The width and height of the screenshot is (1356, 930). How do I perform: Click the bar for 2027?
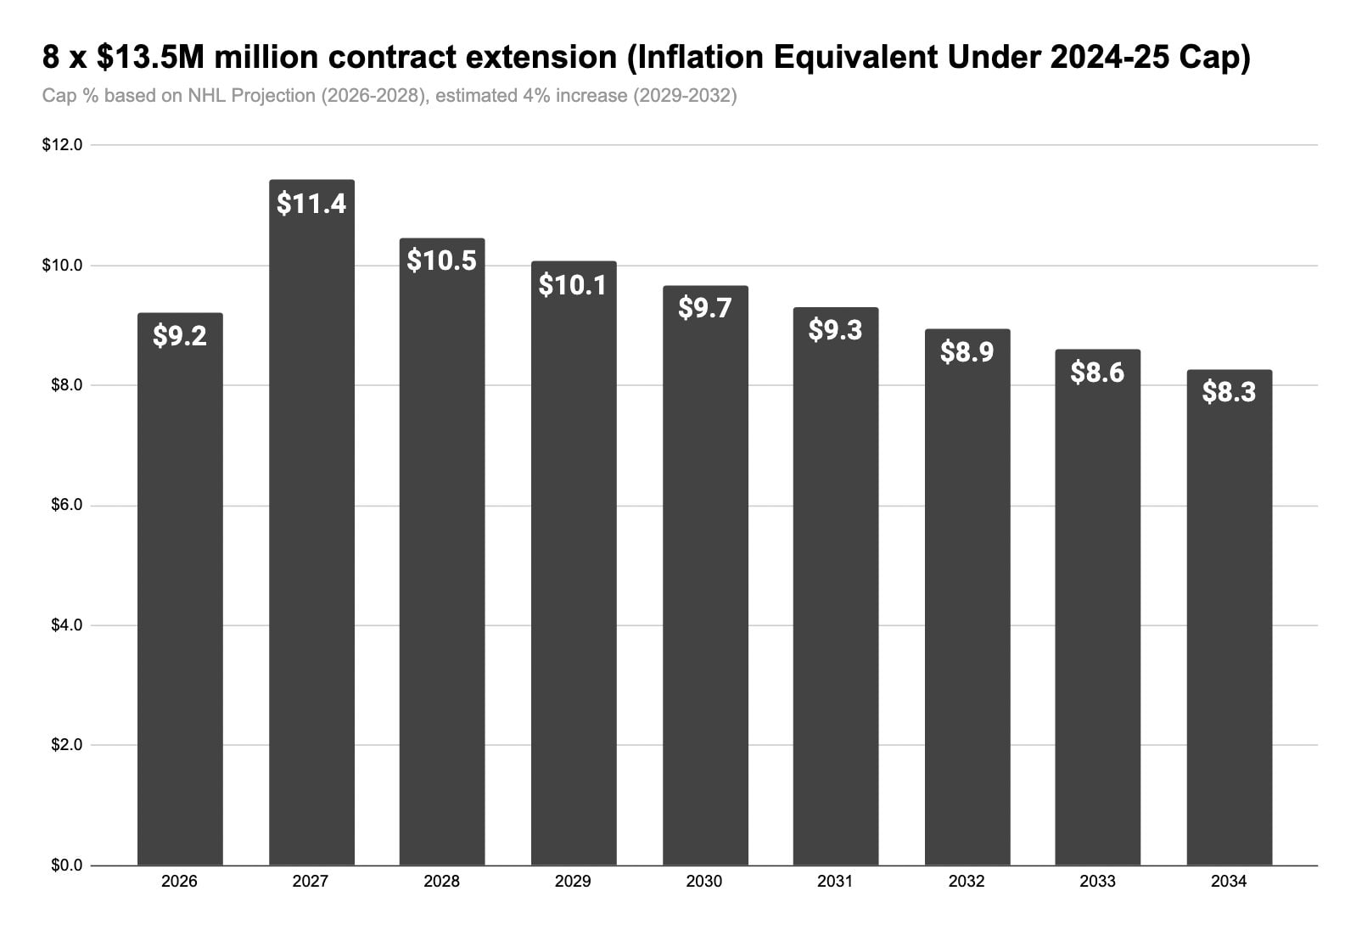[311, 523]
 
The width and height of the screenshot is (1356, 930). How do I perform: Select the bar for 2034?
[1230, 618]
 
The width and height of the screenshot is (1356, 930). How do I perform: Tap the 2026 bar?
[181, 589]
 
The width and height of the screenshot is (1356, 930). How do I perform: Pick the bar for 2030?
[706, 576]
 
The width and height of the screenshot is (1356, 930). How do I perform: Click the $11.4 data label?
[311, 204]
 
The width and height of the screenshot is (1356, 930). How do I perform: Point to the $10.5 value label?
[442, 261]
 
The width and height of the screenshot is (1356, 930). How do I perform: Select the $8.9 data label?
[967, 352]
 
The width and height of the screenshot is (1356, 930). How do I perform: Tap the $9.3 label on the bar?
[835, 330]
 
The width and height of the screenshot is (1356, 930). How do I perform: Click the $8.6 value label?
[1097, 372]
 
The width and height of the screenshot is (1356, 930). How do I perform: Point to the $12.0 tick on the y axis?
[62, 145]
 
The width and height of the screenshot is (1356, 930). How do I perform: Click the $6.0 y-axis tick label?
[66, 505]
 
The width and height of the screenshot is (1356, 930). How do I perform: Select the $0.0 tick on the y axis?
[66, 866]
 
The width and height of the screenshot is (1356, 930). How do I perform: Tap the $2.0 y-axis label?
[66, 745]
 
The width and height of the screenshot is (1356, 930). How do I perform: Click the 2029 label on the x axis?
[573, 882]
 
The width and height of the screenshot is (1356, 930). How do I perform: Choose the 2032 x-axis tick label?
[967, 882]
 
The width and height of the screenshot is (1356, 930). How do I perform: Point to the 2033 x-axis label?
[1097, 882]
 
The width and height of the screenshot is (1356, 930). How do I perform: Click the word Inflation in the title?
[697, 58]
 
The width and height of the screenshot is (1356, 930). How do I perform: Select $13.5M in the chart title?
[151, 57]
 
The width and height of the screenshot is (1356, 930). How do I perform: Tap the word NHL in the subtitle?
[206, 96]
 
